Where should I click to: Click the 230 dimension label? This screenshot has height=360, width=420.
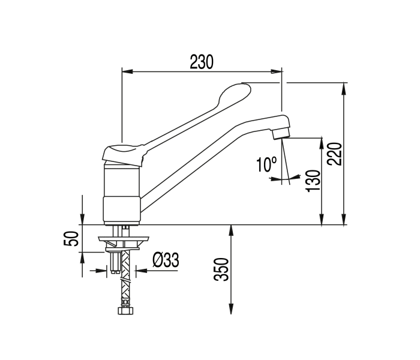(x=202, y=61)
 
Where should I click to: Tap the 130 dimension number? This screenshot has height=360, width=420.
(x=311, y=180)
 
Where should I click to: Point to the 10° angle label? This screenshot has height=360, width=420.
(x=266, y=164)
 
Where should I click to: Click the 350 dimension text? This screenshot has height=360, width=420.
(x=221, y=269)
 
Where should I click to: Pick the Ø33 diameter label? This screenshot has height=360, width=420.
(x=165, y=260)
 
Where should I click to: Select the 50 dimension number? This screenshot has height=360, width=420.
(x=71, y=238)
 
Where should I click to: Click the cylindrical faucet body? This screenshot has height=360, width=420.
(x=122, y=193)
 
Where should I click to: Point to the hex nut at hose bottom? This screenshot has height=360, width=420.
(x=126, y=311)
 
